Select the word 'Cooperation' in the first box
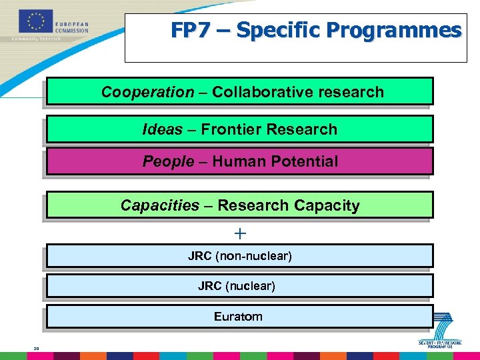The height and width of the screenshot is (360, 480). tap(147, 92)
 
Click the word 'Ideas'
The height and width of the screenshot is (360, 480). tap(162, 129)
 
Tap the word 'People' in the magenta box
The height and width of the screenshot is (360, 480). tap(167, 161)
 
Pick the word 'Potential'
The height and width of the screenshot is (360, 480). tap(301, 161)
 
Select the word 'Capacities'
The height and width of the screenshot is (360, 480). tap(160, 205)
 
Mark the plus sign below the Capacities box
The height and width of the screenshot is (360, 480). tap(240, 233)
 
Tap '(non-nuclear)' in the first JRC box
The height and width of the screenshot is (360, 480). tap(257, 256)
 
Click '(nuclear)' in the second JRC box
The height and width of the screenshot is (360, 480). tap(250, 286)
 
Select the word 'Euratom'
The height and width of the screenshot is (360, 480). tap(238, 317)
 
